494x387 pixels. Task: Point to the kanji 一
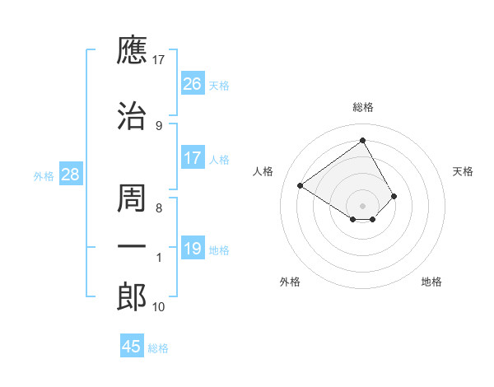point(132,246)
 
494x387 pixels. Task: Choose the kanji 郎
point(132,296)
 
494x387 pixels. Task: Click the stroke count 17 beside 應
point(159,60)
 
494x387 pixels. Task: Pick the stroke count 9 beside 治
point(159,125)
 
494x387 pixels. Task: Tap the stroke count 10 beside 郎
point(159,307)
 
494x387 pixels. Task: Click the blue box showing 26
point(192,84)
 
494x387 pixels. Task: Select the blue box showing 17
point(192,157)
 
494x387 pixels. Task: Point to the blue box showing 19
point(192,249)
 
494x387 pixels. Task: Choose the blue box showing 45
point(131,347)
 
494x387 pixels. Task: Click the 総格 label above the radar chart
point(362,107)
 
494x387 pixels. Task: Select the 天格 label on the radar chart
point(463,171)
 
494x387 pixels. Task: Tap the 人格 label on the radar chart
point(263,171)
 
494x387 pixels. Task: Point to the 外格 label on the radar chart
point(289,282)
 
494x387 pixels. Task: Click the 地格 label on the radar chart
point(431,282)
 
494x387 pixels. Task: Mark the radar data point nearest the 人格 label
point(301,186)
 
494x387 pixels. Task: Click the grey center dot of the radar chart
point(362,205)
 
